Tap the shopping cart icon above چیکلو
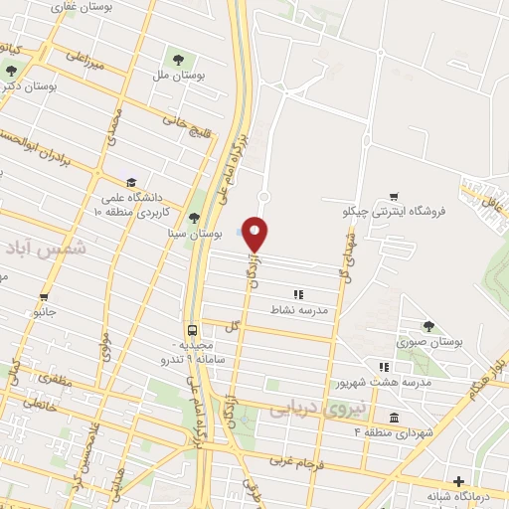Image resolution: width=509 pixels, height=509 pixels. click(395, 195)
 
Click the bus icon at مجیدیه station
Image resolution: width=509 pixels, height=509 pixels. click(190, 330)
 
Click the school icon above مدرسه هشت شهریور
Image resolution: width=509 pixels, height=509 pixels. click(384, 367)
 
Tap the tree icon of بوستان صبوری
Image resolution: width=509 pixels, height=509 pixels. click(428, 325)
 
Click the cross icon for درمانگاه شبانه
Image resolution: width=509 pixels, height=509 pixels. click(458, 480)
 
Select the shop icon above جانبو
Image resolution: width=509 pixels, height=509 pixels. click(44, 296)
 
